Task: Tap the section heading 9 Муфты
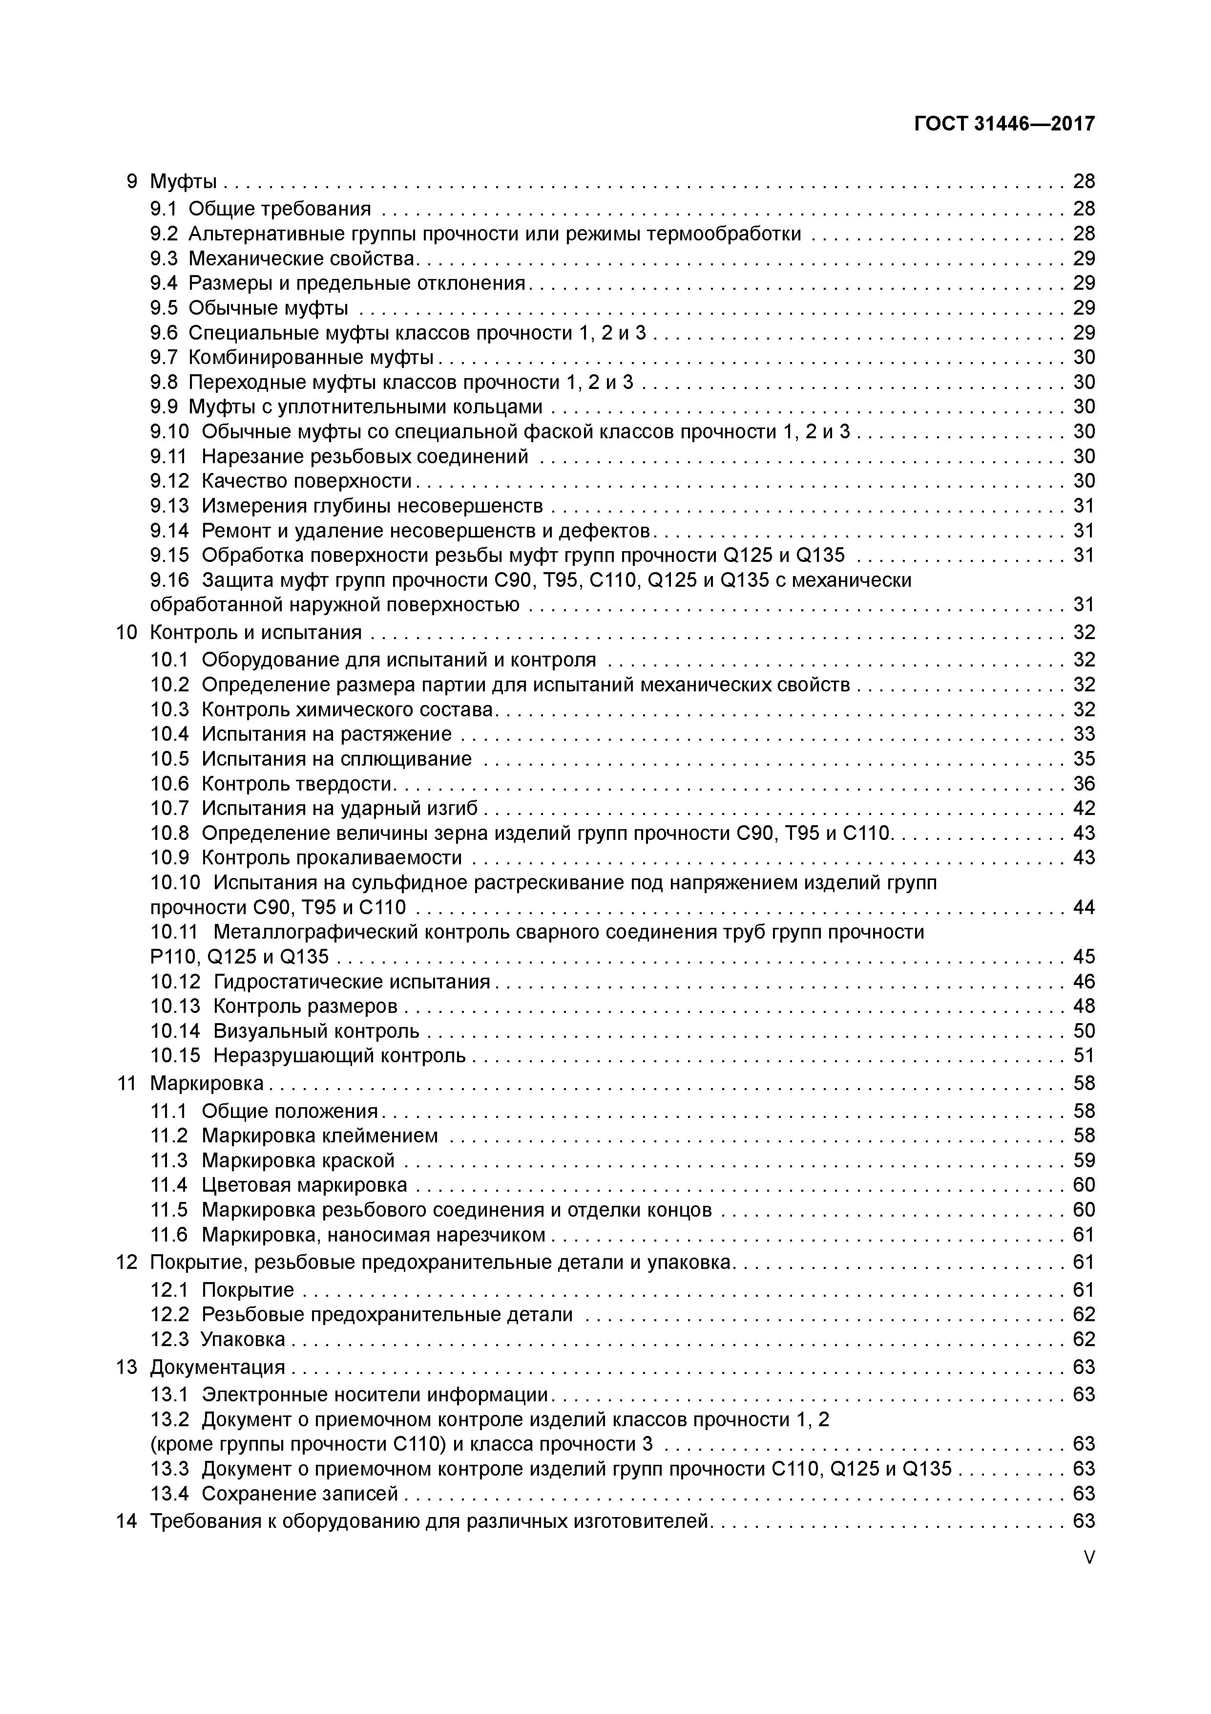(x=171, y=181)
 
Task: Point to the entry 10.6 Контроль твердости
(x=273, y=783)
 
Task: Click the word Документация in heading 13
(x=217, y=1367)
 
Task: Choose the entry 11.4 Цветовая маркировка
(x=279, y=1185)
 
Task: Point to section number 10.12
(x=175, y=981)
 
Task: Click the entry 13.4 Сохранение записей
(x=274, y=1493)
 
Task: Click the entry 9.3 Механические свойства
(x=284, y=258)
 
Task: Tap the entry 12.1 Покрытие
(x=222, y=1289)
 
